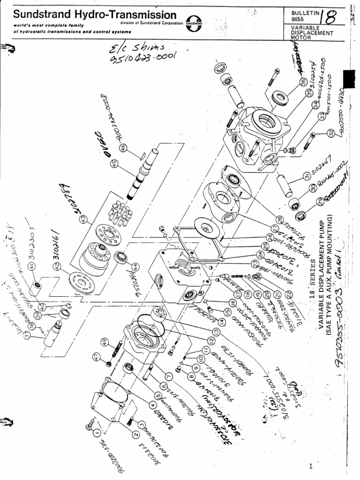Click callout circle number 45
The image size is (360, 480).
coord(114,164)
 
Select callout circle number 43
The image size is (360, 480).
coord(83,218)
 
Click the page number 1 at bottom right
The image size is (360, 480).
coord(310,466)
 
